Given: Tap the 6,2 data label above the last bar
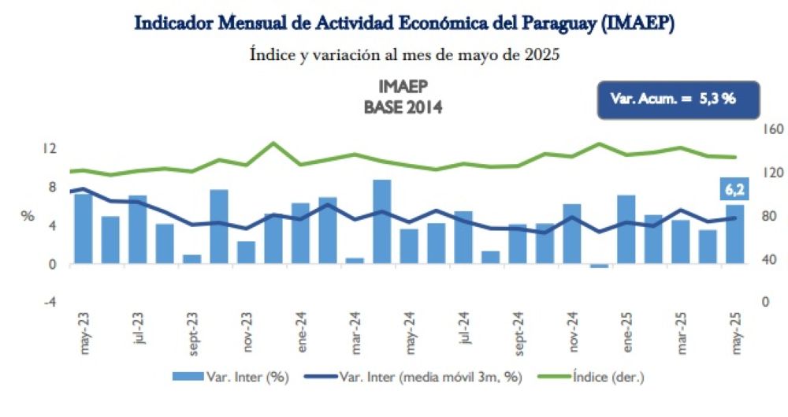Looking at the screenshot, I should (734, 189).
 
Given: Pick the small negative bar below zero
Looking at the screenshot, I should (599, 266).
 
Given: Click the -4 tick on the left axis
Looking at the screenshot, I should (49, 302).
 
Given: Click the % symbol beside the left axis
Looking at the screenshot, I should (27, 217).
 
